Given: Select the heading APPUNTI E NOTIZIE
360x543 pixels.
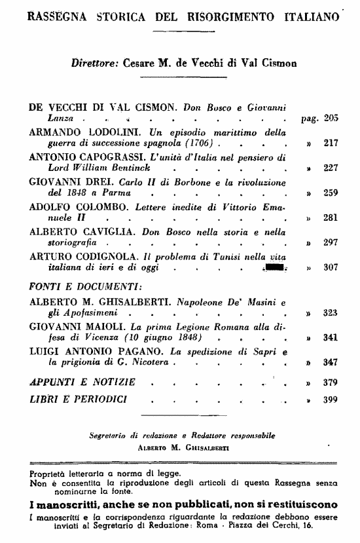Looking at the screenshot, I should click(x=82, y=381).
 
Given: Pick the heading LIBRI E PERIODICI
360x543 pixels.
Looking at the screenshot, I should click(x=81, y=398).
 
